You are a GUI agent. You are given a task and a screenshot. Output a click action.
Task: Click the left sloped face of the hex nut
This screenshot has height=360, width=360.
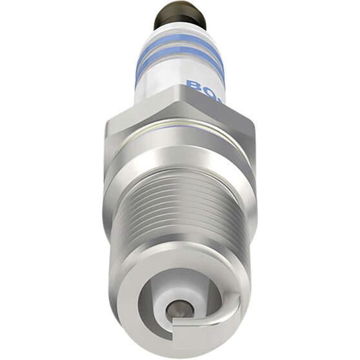139,110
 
